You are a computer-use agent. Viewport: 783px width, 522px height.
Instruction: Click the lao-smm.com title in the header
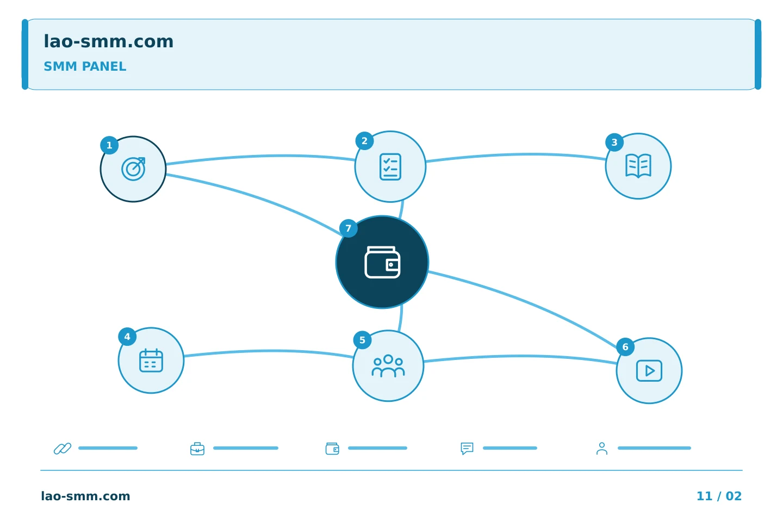pos(108,42)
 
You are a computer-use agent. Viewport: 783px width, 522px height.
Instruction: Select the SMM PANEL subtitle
pos(85,66)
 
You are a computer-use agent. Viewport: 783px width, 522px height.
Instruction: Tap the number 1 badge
pos(109,145)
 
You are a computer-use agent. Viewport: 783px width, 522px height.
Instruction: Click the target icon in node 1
pos(134,169)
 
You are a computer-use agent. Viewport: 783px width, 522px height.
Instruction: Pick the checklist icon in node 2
pos(390,167)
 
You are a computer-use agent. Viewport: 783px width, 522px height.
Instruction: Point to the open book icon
pos(638,166)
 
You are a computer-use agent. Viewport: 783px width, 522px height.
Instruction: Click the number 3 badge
pos(614,142)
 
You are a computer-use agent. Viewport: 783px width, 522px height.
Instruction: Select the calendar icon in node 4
pos(151,361)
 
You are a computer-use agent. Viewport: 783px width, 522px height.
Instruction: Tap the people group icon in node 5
pos(388,366)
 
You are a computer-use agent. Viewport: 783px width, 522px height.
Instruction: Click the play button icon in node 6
pos(649,371)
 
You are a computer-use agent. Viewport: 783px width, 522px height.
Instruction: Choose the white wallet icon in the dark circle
pos(382,262)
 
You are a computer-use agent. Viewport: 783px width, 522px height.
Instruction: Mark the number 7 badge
pos(349,228)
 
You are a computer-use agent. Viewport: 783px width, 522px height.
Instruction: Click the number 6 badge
pos(625,347)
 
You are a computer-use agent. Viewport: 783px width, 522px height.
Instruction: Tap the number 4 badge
pos(127,337)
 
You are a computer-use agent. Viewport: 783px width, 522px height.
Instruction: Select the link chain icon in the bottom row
pos(63,448)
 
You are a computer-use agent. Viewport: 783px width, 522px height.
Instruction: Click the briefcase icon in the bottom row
pos(197,449)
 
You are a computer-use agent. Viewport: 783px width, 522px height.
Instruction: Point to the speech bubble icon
pos(467,448)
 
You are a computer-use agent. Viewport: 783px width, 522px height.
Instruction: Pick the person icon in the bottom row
pos(601,448)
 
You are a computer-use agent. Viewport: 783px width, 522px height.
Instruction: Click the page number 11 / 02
pos(719,496)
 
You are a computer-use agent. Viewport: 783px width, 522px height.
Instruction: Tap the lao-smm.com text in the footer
pos(86,496)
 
